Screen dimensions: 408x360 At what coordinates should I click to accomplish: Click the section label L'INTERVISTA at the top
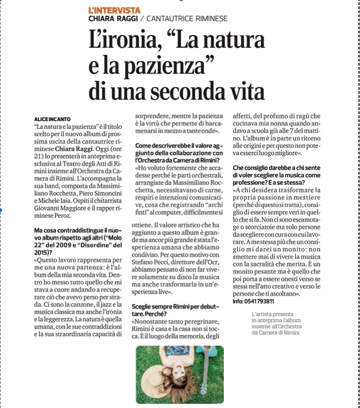[x=114, y=10]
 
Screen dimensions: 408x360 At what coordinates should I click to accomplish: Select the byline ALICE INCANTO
[x=52, y=119]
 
